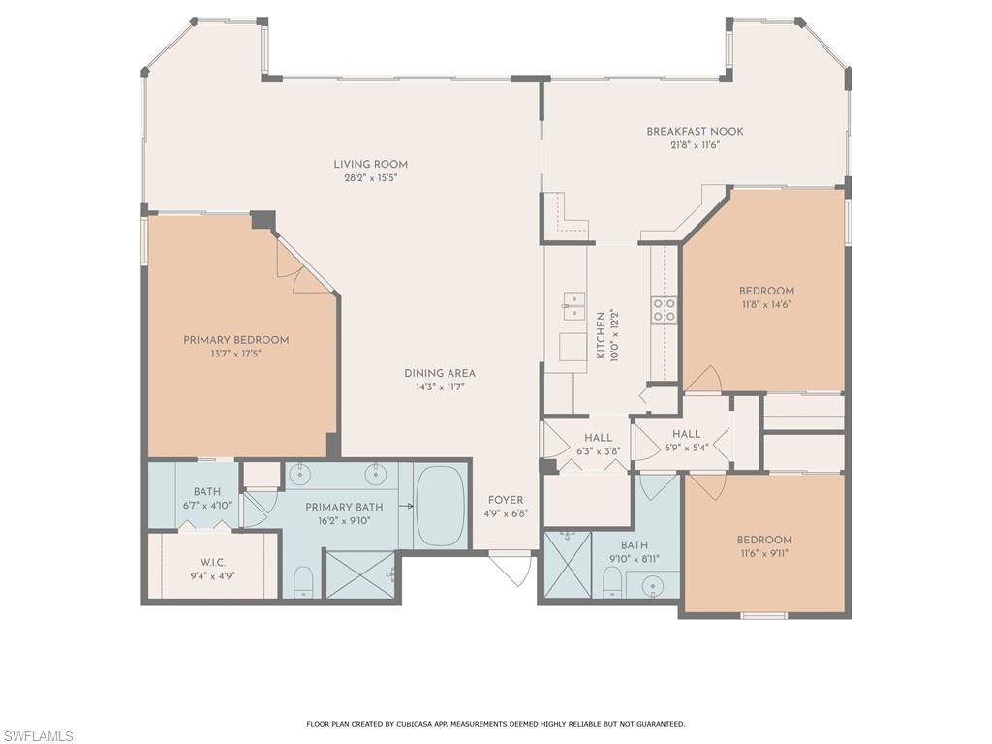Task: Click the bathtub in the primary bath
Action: click(x=441, y=507)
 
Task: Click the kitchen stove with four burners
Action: click(x=664, y=309)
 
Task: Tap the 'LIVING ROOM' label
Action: click(x=371, y=165)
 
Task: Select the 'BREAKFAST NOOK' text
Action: click(x=696, y=132)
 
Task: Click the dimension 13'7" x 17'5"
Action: click(x=236, y=354)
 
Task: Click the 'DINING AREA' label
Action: click(x=440, y=373)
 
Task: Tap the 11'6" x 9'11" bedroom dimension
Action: click(x=764, y=554)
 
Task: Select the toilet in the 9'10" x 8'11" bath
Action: click(x=612, y=581)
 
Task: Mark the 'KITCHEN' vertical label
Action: click(x=601, y=335)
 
